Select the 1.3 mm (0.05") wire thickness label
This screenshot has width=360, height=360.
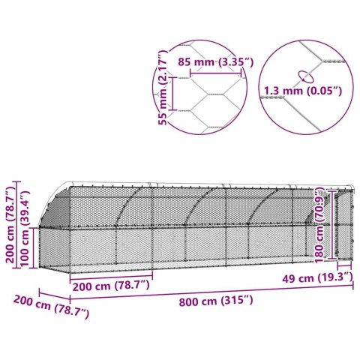pos(301,91)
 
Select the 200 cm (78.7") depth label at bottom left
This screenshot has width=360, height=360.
pos(50,307)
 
